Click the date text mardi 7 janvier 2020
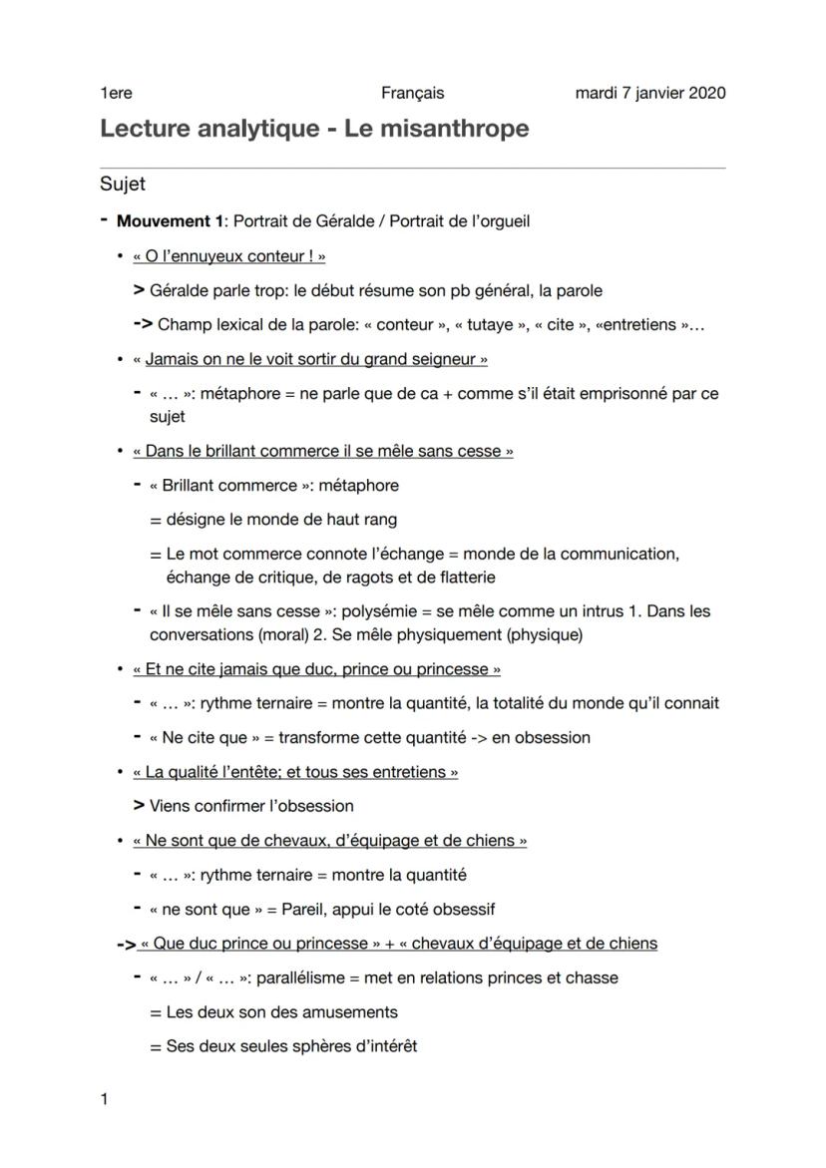650,93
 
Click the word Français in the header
412,93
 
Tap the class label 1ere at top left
116,93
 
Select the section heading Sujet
123,184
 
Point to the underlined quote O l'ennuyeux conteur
229,256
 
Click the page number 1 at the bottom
104,1099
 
